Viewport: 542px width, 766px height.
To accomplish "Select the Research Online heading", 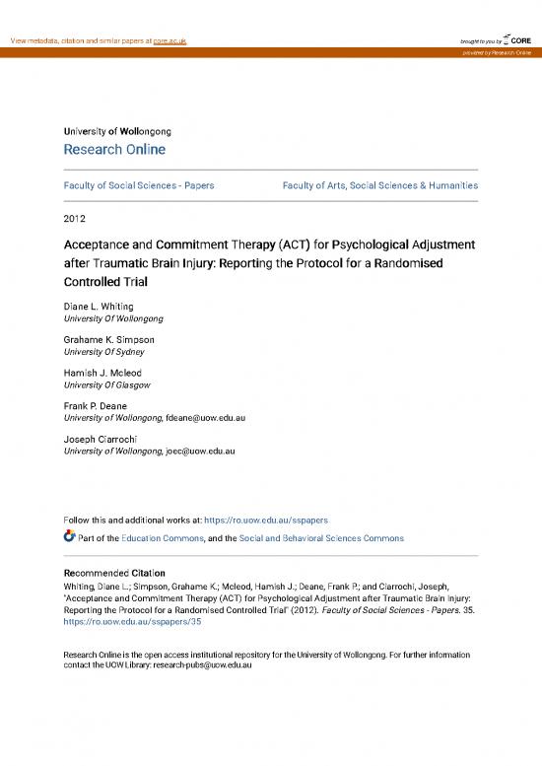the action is (x=114, y=150).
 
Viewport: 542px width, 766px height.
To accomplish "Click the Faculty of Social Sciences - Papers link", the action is (x=139, y=184).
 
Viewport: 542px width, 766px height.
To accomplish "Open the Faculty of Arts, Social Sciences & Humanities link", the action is (x=380, y=184).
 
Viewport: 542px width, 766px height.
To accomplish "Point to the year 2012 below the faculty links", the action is (x=75, y=219).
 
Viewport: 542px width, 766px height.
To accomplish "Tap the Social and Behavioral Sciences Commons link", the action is (x=321, y=538).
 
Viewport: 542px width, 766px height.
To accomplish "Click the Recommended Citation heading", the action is (x=113, y=573).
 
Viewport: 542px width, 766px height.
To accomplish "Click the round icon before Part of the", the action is (x=69, y=537).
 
